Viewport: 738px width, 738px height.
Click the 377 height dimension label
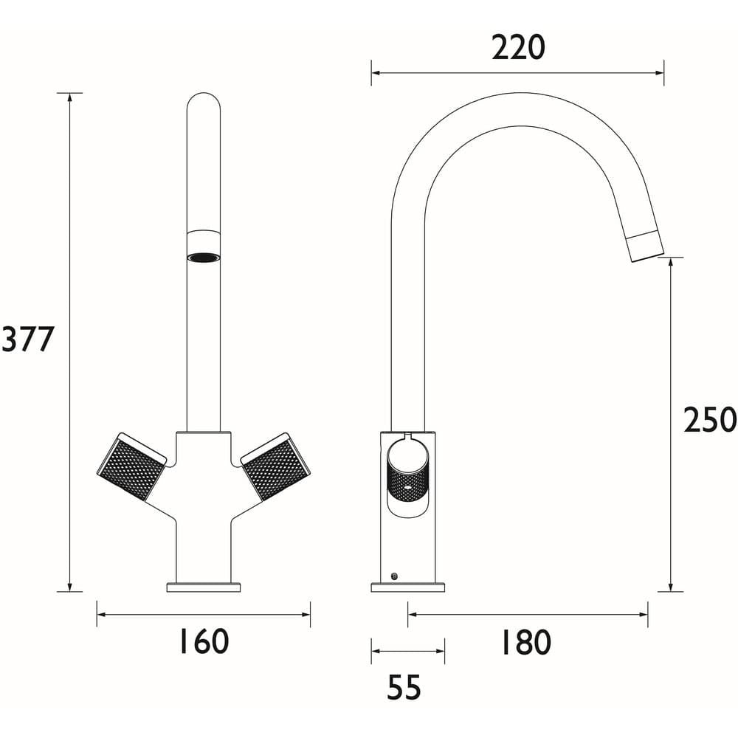28,339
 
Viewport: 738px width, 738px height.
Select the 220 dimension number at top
518,47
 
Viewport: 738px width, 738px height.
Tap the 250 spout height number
710,420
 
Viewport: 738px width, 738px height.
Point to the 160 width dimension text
204,641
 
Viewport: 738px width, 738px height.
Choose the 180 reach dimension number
525,643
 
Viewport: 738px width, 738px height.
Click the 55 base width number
404,688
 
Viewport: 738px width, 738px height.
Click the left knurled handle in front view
132,466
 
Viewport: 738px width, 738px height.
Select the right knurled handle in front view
275,466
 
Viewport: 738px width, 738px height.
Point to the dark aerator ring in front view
204,258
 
